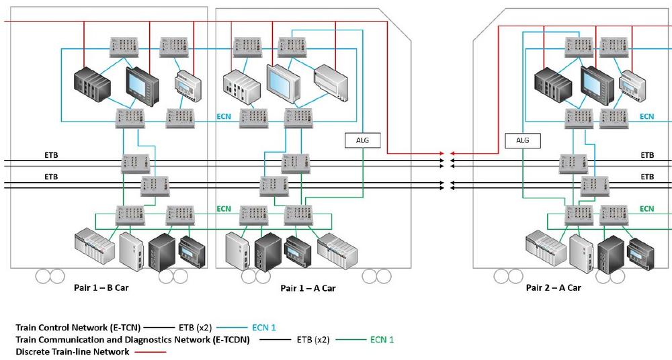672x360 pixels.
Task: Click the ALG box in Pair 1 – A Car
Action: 363,140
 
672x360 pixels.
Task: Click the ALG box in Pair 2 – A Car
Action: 522,140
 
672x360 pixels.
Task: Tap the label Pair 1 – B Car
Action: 101,287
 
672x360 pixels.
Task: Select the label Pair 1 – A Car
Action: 308,288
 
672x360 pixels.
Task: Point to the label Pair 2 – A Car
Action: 553,287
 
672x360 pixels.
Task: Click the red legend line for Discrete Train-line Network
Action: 150,352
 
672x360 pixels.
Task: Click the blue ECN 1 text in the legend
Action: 264,328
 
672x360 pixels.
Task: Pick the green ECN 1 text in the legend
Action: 382,340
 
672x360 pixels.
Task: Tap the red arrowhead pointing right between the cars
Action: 441,153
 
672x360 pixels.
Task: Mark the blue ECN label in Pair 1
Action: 224,117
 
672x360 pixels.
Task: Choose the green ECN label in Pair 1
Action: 224,209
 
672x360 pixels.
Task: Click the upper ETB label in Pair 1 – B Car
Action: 51,155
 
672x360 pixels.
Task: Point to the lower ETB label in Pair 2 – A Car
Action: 648,177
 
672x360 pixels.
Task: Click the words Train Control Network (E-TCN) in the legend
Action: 78,328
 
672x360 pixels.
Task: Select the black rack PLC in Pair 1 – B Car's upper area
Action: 91,84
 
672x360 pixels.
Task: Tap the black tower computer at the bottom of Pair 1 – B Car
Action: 162,252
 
